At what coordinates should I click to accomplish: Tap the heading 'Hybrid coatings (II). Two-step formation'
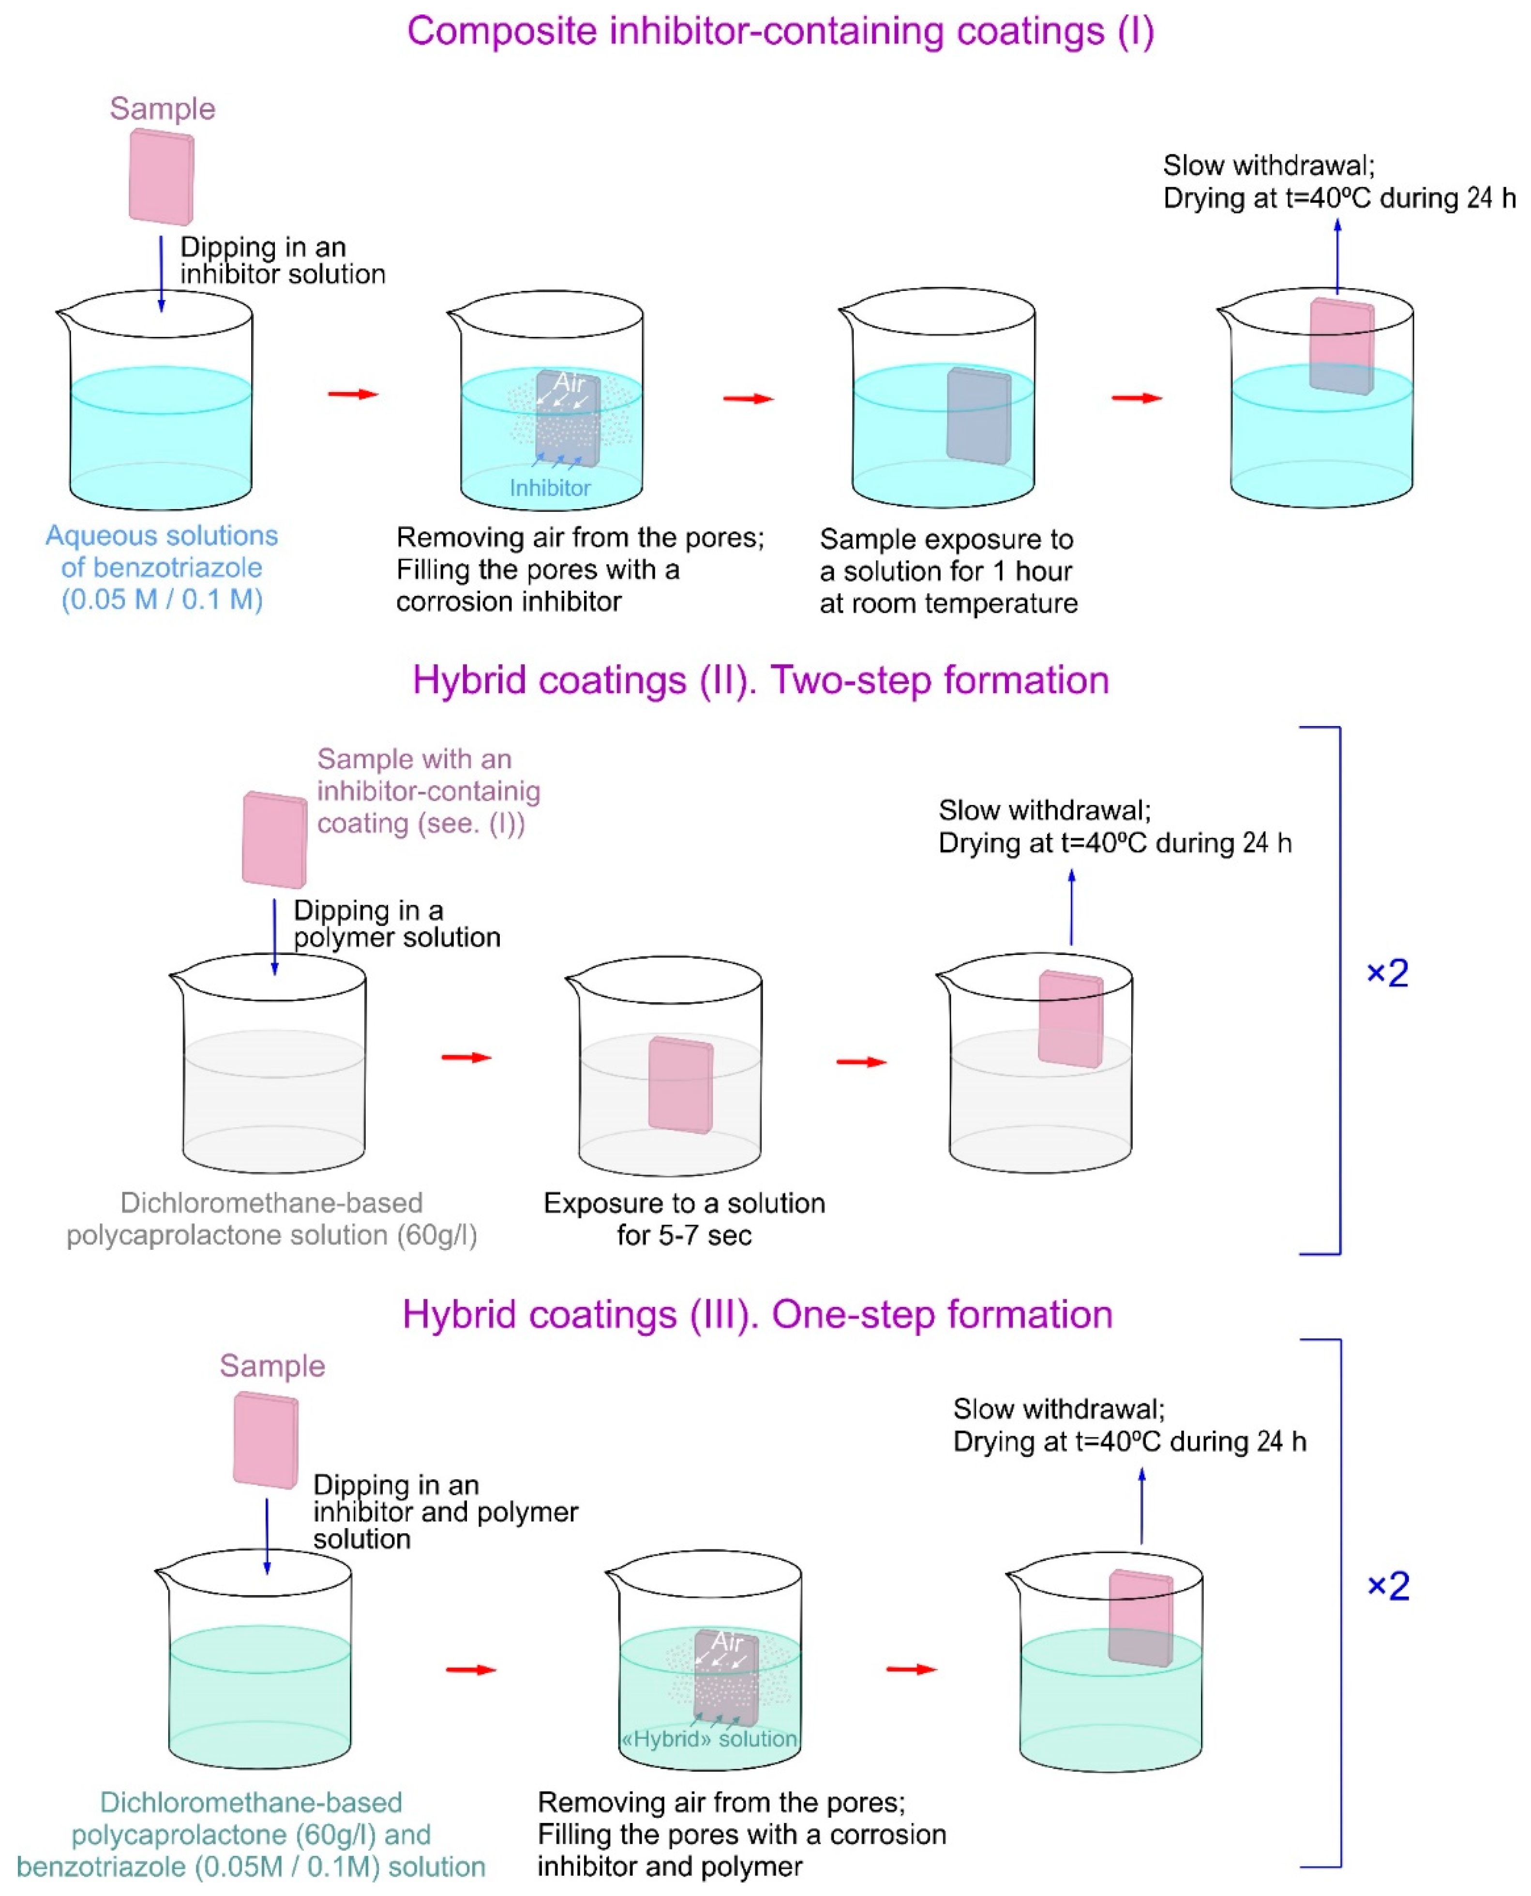click(760, 680)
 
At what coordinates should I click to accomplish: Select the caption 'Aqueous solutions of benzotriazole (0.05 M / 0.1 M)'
click(162, 567)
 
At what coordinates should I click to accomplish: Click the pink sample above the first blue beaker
click(162, 177)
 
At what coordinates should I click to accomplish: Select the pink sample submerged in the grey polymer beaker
click(680, 1084)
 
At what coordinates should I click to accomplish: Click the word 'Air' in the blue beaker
click(569, 383)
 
